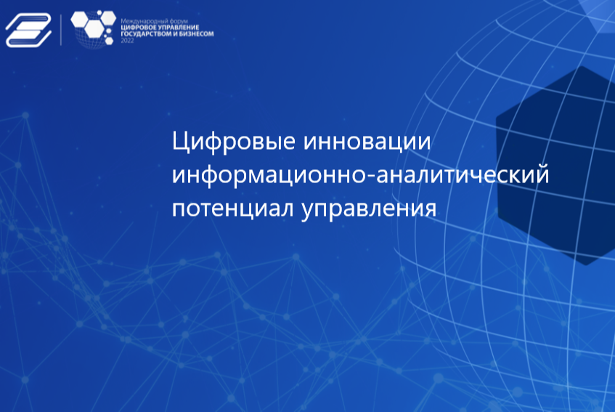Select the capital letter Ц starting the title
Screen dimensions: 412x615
[180, 142]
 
